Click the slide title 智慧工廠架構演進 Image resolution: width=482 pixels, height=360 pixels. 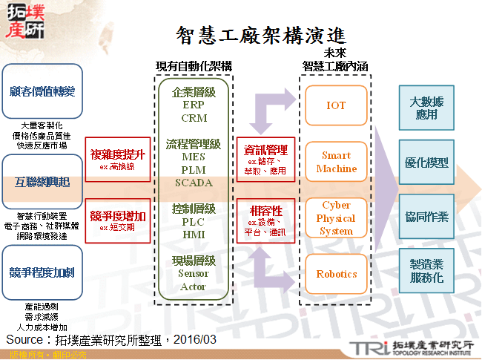[x=260, y=34]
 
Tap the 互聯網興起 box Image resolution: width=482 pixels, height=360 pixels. [x=42, y=181]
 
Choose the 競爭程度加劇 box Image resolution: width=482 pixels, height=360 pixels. [x=43, y=272]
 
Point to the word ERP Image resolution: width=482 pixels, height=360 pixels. [x=194, y=105]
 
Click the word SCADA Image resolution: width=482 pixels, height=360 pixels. [x=194, y=183]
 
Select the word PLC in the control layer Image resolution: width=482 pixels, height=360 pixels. [x=194, y=221]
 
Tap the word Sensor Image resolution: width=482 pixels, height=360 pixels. [x=194, y=273]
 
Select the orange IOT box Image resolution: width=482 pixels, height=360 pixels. [x=336, y=106]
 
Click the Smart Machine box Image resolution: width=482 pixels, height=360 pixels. [x=336, y=163]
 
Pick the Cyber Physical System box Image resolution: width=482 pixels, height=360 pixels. [x=336, y=218]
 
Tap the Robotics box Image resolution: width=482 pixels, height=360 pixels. [x=336, y=274]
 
